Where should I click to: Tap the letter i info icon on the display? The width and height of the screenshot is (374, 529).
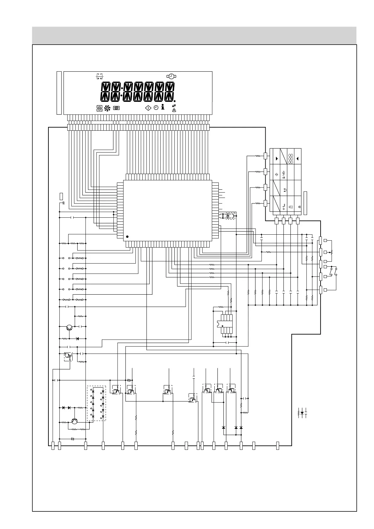162,107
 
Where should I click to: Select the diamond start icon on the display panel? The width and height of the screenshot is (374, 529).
148,108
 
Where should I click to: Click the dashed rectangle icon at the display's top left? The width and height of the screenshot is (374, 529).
100,76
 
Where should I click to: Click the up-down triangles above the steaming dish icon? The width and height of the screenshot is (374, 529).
174,106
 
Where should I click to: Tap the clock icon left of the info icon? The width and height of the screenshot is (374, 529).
156,108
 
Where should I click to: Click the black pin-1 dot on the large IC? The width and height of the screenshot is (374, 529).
127,236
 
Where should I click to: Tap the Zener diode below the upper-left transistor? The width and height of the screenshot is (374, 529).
77,339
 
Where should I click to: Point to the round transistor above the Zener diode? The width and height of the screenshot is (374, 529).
69,327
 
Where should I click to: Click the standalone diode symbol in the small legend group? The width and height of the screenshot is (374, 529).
302,413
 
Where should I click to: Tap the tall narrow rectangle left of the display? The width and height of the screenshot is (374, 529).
59,93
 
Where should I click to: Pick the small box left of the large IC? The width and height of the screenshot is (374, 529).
61,196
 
